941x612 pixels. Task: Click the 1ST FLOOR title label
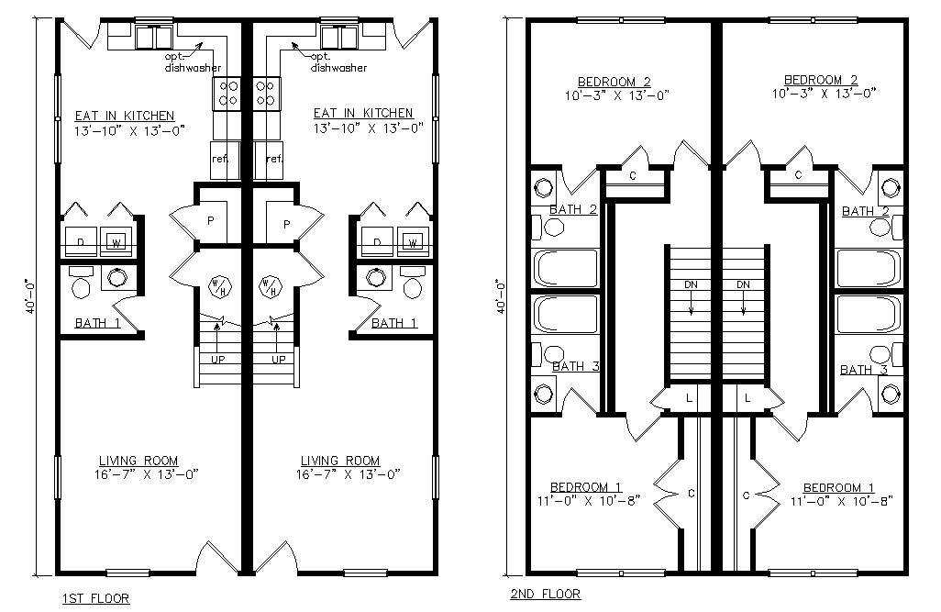click(x=95, y=598)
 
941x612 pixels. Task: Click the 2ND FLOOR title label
click(x=546, y=594)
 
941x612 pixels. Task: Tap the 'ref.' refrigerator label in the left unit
click(x=220, y=159)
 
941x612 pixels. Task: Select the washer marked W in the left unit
click(x=116, y=242)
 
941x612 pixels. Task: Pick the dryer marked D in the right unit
click(x=377, y=242)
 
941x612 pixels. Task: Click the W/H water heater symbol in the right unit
click(x=271, y=286)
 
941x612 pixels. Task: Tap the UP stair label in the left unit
click(x=218, y=360)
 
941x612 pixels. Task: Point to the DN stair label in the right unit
click(x=743, y=284)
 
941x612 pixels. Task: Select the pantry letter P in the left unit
click(x=211, y=221)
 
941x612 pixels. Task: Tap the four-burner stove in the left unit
click(x=227, y=94)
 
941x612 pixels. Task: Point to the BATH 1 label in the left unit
click(x=98, y=323)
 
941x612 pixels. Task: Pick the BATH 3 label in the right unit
click(x=864, y=370)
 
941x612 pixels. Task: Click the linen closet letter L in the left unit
click(x=689, y=397)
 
